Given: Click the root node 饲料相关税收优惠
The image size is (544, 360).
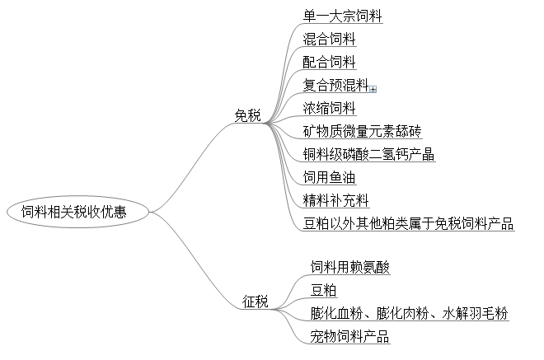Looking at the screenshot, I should click(80, 212).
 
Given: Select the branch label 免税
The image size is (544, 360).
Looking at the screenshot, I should click(247, 116).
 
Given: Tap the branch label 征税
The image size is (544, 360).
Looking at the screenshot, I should click(256, 301).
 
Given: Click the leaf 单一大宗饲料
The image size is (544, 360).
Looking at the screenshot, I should click(342, 16).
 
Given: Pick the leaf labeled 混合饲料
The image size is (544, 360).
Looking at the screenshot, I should click(330, 39).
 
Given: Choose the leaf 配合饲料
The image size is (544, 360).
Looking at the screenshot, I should click(330, 62).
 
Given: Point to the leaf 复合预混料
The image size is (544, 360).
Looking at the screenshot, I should click(335, 84).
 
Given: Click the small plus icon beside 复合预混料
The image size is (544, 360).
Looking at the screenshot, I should click(373, 88).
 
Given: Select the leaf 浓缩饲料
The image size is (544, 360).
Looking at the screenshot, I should click(330, 108).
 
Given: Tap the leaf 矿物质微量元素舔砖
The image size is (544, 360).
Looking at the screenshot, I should click(362, 131).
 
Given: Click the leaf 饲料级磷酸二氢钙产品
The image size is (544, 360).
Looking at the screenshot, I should click(368, 154).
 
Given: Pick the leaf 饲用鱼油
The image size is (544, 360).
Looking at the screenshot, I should click(330, 177).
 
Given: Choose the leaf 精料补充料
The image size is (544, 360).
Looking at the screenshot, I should click(335, 200).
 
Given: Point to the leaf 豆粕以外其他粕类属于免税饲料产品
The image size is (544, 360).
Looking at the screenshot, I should click(408, 223).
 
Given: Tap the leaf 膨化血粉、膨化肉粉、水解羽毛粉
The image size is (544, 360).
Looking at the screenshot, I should click(409, 314).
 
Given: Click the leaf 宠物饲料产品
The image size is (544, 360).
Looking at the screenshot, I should click(349, 337).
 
